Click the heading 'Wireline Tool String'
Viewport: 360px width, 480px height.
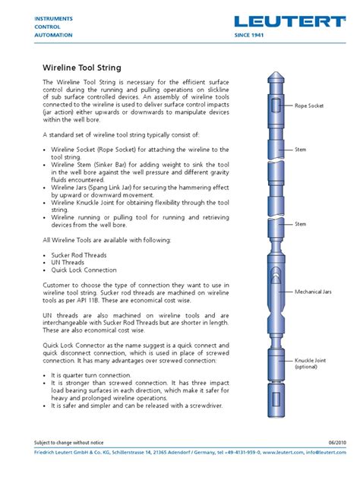point(81,68)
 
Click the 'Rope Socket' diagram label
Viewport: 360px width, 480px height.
point(309,106)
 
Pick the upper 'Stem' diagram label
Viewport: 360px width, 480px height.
point(301,150)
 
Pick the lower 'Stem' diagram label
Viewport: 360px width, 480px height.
point(301,224)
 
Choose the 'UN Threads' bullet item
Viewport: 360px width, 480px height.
point(70,264)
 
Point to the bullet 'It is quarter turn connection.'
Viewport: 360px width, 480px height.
point(97,374)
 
